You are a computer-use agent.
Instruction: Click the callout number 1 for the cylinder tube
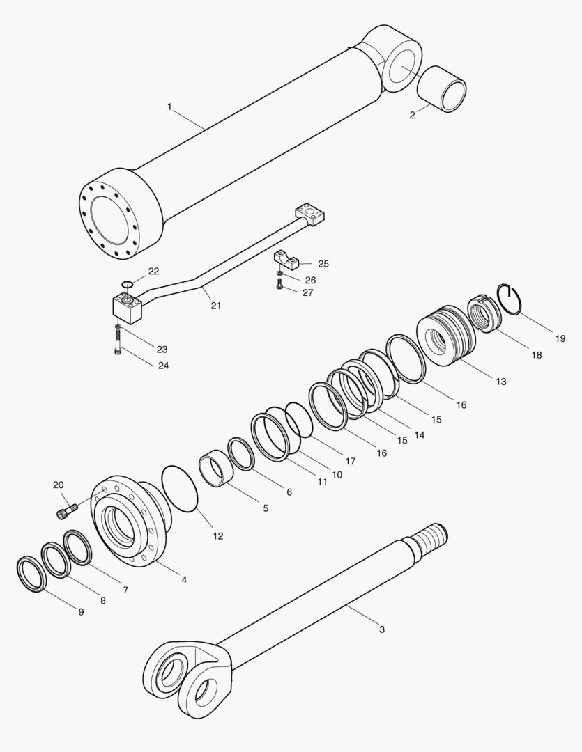(169, 106)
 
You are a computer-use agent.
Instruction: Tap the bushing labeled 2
(442, 88)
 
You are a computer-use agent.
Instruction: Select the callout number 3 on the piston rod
(381, 629)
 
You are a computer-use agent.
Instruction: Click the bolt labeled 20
(64, 513)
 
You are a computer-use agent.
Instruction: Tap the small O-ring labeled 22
(125, 283)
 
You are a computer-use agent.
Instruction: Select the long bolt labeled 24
(118, 342)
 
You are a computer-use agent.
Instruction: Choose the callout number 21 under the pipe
(216, 306)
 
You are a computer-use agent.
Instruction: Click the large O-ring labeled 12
(180, 489)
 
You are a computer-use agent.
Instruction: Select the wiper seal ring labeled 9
(31, 574)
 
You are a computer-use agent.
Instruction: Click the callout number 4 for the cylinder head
(183, 579)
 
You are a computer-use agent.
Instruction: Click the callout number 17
(350, 461)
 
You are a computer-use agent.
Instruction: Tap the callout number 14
(419, 434)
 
